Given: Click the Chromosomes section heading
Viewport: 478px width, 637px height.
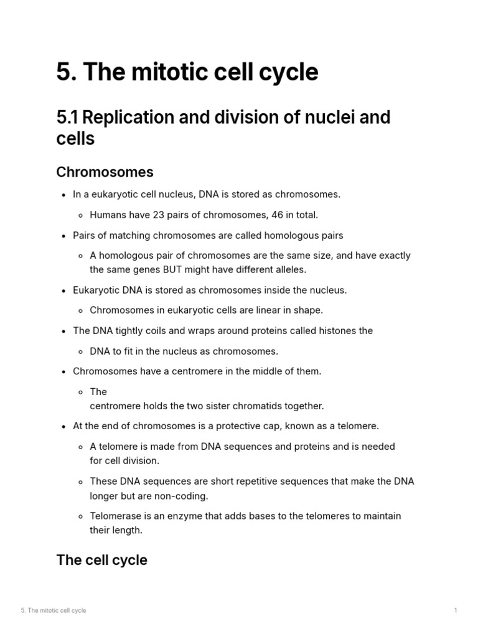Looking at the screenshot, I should [105, 172].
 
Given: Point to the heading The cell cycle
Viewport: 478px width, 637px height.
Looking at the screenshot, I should [101, 560].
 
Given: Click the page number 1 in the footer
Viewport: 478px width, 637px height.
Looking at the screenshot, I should [456, 610].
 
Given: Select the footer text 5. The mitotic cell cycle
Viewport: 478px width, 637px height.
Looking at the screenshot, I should [54, 610].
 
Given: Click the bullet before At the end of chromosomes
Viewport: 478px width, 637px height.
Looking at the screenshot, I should [64, 427].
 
